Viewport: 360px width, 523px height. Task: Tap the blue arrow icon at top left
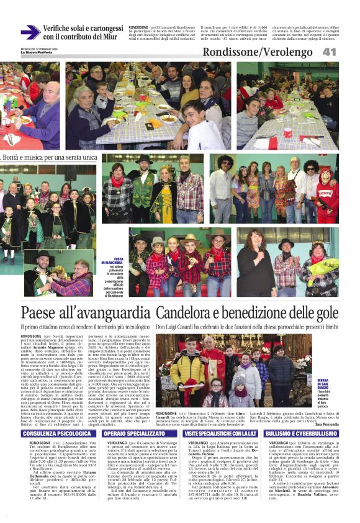30,32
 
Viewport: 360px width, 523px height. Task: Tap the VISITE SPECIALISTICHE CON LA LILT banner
220,416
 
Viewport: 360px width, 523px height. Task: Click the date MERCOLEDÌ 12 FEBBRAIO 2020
38,48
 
